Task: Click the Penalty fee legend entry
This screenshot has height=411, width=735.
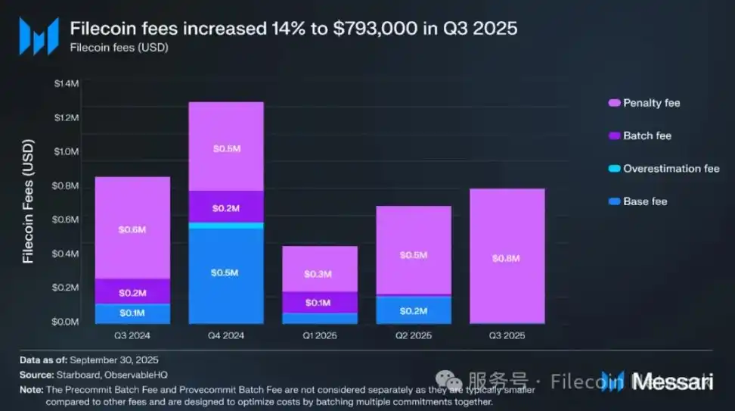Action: click(650, 103)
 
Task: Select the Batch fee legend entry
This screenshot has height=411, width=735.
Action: click(647, 135)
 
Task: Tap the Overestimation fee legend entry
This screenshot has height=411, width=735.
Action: click(670, 169)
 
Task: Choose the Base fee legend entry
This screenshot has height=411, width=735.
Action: click(644, 201)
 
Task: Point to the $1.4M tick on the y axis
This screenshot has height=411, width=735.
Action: click(66, 83)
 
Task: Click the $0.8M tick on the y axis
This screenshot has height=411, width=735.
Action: click(66, 185)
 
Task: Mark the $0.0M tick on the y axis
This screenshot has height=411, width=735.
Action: click(66, 322)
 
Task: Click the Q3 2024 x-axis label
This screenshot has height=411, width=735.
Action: click(132, 334)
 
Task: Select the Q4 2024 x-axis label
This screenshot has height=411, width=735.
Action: click(225, 334)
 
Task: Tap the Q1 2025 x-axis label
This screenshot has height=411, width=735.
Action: click(319, 334)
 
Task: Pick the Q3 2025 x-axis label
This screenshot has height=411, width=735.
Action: click(507, 334)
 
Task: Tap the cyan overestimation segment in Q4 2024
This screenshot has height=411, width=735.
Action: click(225, 226)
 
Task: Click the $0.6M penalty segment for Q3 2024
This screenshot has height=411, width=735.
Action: click(132, 228)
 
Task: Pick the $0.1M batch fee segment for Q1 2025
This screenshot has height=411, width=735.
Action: click(319, 302)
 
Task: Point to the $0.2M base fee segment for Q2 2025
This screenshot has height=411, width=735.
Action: click(413, 310)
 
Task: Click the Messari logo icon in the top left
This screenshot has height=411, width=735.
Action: click(39, 36)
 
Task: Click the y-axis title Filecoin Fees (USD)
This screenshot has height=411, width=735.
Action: click(28, 201)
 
